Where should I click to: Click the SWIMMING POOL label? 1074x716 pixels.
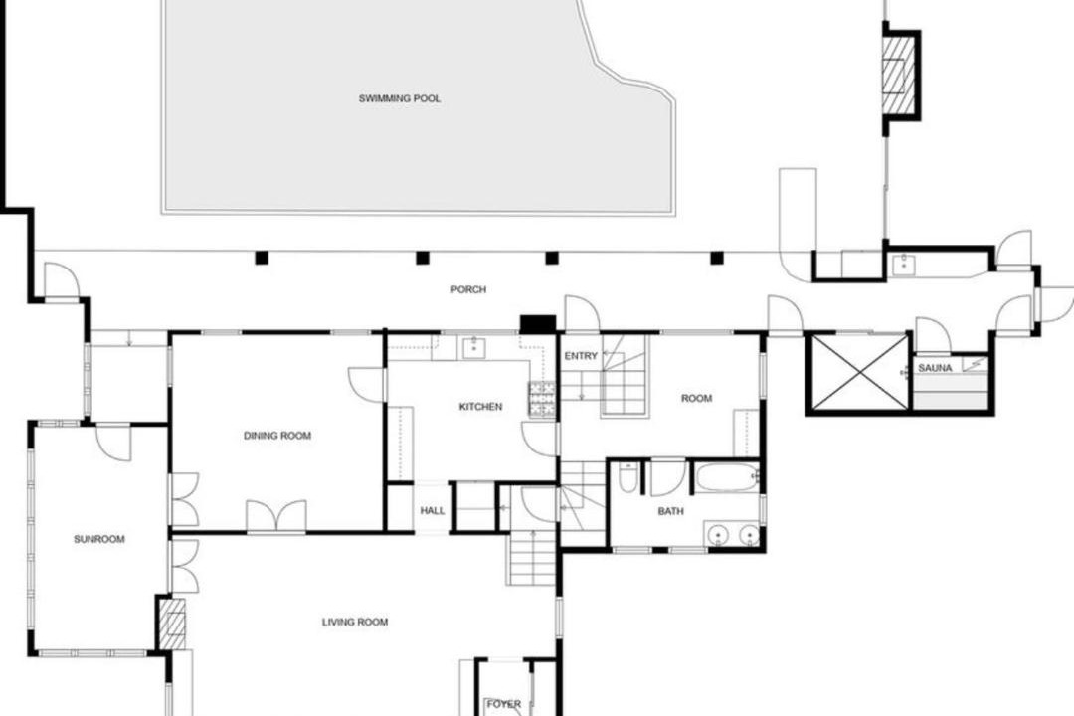point(400,98)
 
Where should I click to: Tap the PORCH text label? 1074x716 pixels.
point(468,289)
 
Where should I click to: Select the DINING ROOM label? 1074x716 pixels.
point(277,436)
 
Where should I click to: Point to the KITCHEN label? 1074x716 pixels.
point(480,407)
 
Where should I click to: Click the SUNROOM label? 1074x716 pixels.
point(99,539)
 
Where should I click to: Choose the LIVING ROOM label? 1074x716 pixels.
point(355,623)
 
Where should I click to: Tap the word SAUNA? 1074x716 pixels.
point(935,368)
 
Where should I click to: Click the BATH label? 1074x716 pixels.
point(670,511)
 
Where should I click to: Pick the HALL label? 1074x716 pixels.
point(433,510)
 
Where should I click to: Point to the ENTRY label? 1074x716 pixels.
point(581,356)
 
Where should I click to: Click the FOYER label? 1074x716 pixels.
point(503,704)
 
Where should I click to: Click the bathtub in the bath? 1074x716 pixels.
point(727,477)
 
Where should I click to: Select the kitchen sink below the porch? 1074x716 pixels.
point(473,347)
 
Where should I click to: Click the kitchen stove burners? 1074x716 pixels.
point(541,400)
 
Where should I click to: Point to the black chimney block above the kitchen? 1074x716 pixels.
point(538,323)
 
